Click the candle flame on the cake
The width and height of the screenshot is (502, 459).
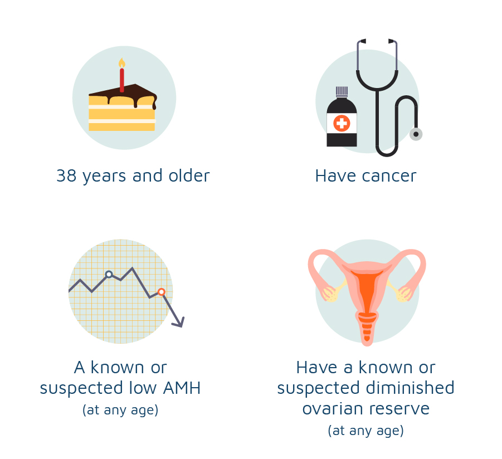(x=121, y=63)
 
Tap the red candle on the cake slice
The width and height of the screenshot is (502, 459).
(x=121, y=80)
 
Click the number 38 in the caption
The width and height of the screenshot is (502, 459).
(x=66, y=175)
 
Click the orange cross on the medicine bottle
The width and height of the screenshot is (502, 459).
(x=342, y=123)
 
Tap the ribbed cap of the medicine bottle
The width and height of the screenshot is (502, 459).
(x=342, y=91)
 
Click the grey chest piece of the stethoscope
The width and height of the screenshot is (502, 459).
(x=416, y=134)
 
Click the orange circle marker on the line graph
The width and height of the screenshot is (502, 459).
(x=162, y=292)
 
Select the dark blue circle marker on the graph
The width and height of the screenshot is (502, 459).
(x=109, y=274)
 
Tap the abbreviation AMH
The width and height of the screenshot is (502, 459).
(x=182, y=388)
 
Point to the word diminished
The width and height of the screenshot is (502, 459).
(x=410, y=388)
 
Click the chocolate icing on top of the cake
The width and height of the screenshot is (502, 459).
(x=123, y=94)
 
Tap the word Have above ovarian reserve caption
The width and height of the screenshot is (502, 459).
(x=317, y=368)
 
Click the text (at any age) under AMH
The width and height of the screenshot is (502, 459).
(x=120, y=410)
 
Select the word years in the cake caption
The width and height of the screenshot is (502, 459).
(x=104, y=177)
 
